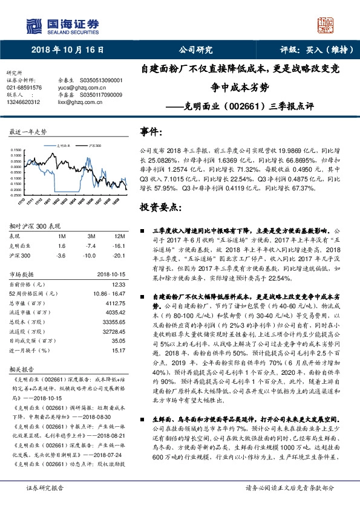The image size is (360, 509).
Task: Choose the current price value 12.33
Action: point(119,284)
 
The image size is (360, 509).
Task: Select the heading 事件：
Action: point(152,132)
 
